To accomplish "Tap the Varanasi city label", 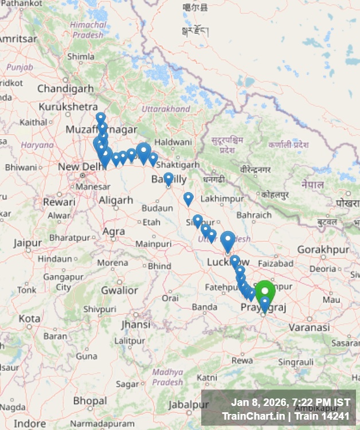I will tap(309, 327).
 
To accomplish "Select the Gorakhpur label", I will tap(323, 250).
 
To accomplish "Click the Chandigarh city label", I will tap(65, 89).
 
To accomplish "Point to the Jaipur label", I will tap(28, 243).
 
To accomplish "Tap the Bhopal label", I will tap(90, 400).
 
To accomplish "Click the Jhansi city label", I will tap(136, 325).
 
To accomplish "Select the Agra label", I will tap(113, 232).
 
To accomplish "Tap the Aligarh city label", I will tap(116, 201).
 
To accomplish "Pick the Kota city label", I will tap(29, 318).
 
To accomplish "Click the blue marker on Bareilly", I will tap(168, 178).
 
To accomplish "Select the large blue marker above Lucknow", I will tap(228, 240).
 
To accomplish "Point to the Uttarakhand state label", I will tap(166, 109).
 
